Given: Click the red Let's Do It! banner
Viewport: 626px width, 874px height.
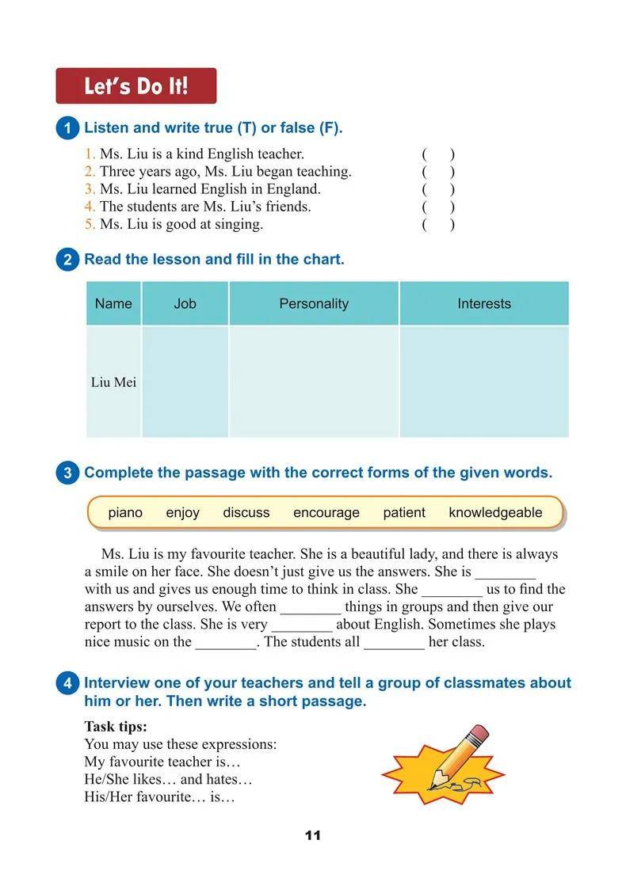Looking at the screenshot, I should (x=136, y=85).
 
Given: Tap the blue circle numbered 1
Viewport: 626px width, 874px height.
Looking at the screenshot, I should (x=67, y=128).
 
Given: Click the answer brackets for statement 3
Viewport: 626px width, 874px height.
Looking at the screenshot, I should (x=438, y=189).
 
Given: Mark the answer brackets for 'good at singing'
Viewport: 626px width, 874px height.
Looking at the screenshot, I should (x=438, y=224).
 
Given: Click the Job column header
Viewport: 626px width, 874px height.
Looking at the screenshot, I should (x=185, y=303).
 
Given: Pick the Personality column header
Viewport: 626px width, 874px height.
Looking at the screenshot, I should (x=314, y=303).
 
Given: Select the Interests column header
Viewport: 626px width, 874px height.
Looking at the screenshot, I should (x=484, y=303).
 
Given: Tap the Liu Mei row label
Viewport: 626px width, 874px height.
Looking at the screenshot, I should (x=113, y=382).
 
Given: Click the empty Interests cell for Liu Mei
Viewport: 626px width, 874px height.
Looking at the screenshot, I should (x=484, y=382).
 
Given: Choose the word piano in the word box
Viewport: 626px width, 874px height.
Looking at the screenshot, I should (x=125, y=512).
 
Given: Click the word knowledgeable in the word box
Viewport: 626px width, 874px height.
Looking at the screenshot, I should (x=495, y=512).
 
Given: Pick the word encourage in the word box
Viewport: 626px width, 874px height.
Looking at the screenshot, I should (x=326, y=512).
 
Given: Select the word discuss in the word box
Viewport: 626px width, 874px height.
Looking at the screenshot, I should (x=246, y=512).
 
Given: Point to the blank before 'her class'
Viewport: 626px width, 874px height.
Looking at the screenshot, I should (x=394, y=643).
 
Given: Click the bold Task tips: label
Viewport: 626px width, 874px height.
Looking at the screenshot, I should (x=116, y=726).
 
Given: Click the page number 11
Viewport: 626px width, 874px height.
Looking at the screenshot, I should (x=312, y=836).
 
